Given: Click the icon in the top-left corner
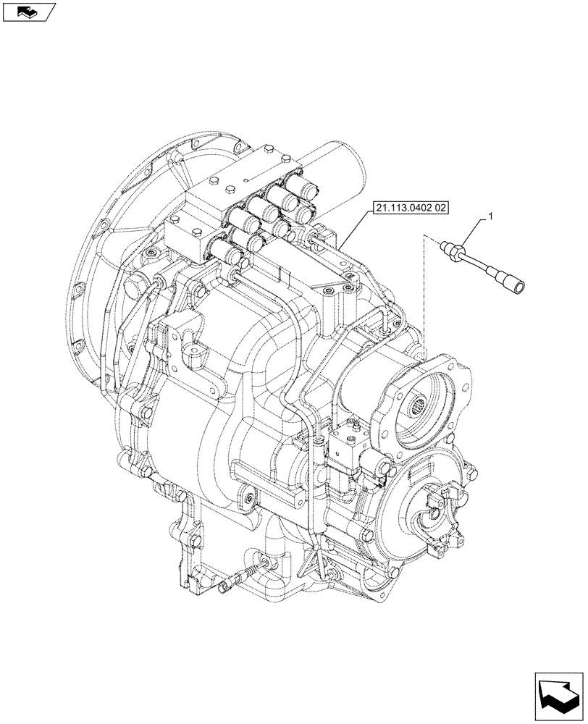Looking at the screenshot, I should [x=28, y=12].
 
